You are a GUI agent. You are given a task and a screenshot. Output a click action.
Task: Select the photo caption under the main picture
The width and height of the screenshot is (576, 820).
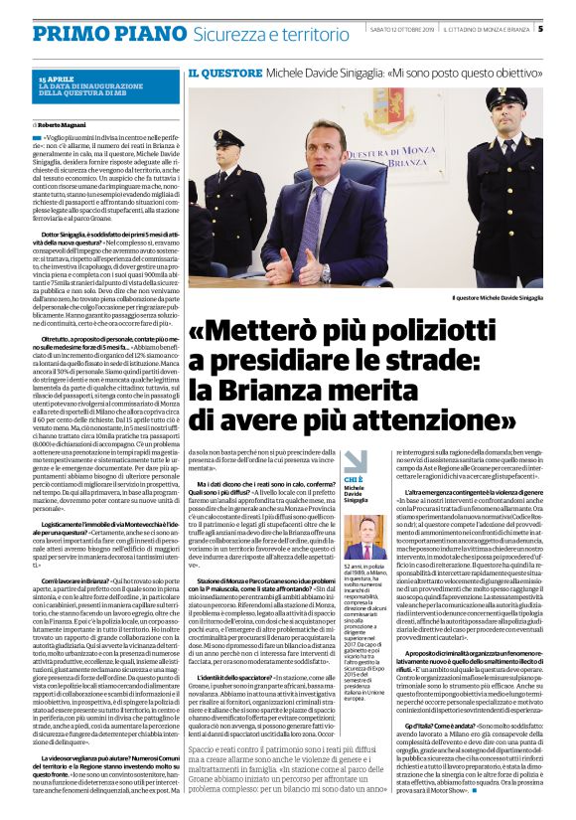(x=498, y=297)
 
